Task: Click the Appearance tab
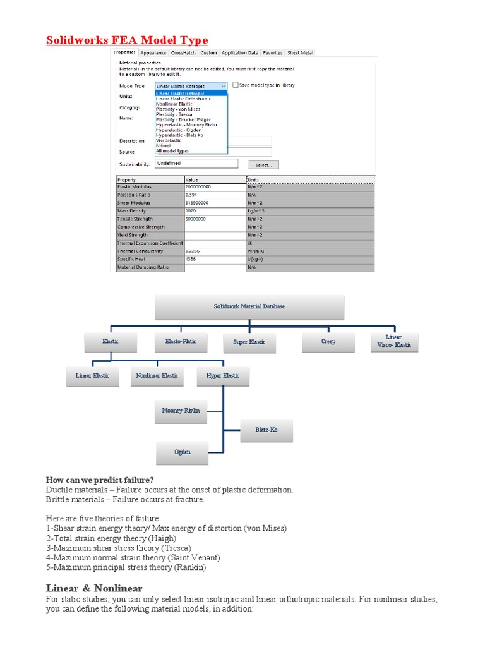click(x=153, y=53)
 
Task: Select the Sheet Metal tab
click(x=300, y=53)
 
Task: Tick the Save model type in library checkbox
click(x=236, y=85)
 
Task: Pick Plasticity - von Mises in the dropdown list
click(x=178, y=109)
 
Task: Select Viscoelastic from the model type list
click(x=169, y=140)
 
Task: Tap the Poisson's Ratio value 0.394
click(x=192, y=195)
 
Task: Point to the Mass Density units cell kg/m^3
click(x=256, y=211)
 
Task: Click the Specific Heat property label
click(x=133, y=259)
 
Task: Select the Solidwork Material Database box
click(x=249, y=306)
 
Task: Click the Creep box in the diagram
click(x=328, y=341)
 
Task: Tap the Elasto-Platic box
click(x=181, y=341)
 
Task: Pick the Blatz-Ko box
click(x=266, y=430)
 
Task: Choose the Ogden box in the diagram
click(x=182, y=452)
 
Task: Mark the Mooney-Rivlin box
click(x=181, y=411)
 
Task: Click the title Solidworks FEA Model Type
click(x=127, y=41)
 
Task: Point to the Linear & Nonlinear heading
click(x=94, y=588)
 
